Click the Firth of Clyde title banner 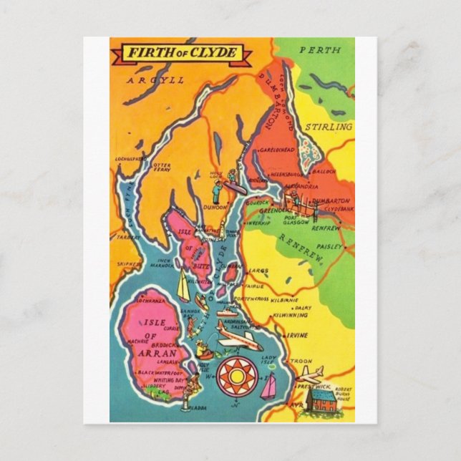(x=183, y=54)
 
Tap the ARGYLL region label (x=155, y=80)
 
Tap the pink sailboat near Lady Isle (x=268, y=387)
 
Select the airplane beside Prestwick (x=308, y=374)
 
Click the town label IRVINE (x=299, y=335)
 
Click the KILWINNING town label (x=291, y=315)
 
